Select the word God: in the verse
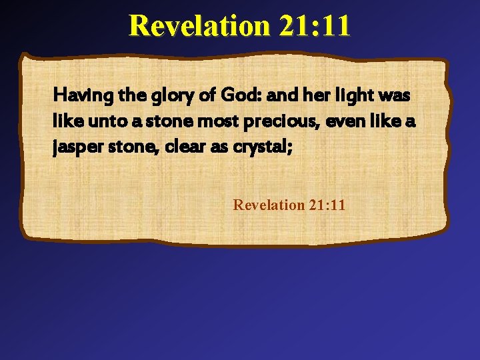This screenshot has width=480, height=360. click(236, 96)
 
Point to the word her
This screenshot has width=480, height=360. click(311, 96)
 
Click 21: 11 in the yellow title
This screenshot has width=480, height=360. click(315, 26)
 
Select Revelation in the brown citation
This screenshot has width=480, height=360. click(269, 205)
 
